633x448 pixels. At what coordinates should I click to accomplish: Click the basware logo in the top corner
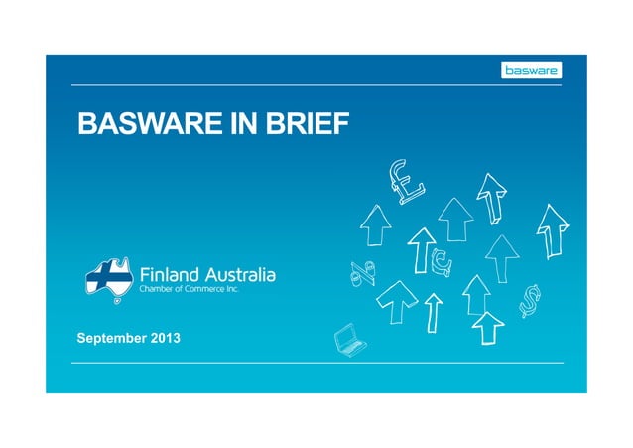pos(529,70)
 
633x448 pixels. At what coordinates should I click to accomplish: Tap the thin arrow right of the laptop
pos(433,311)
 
